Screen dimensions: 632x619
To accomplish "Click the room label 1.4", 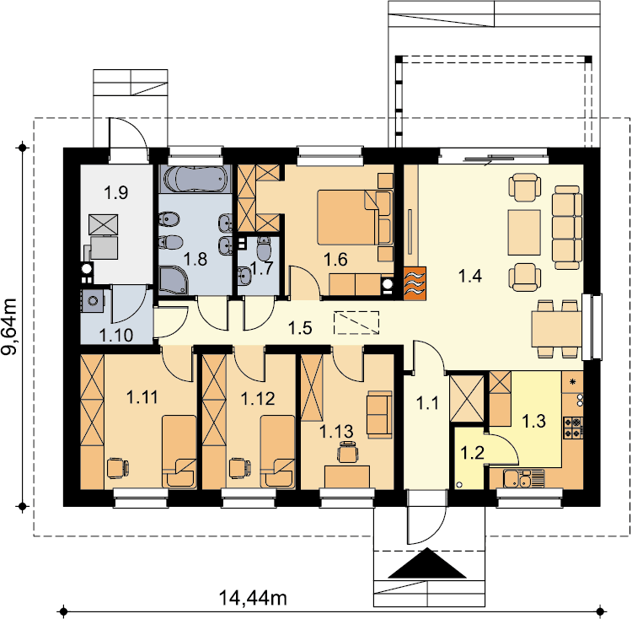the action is [470, 277].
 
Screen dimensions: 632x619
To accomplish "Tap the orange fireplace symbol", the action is [415, 283].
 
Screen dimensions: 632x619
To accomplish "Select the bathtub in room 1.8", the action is [195, 179].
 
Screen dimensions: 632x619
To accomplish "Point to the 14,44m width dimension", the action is [253, 598].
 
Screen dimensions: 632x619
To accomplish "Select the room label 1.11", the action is [142, 397].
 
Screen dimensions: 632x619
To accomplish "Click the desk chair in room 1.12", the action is [240, 468].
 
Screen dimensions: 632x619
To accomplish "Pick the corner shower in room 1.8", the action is [174, 279].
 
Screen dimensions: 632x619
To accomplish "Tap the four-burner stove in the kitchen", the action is [573, 428].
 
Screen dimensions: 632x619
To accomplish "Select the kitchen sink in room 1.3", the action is [523, 479].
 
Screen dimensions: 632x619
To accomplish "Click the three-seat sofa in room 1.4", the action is [567, 228].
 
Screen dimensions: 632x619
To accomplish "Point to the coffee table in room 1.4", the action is [524, 232].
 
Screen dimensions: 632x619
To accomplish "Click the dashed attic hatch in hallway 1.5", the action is [356, 323].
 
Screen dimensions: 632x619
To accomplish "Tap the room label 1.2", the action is [472, 453].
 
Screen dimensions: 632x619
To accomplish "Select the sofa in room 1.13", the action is [379, 415].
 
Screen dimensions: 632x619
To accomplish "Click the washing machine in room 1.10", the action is [94, 301].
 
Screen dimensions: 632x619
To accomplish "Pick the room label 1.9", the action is [116, 192].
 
